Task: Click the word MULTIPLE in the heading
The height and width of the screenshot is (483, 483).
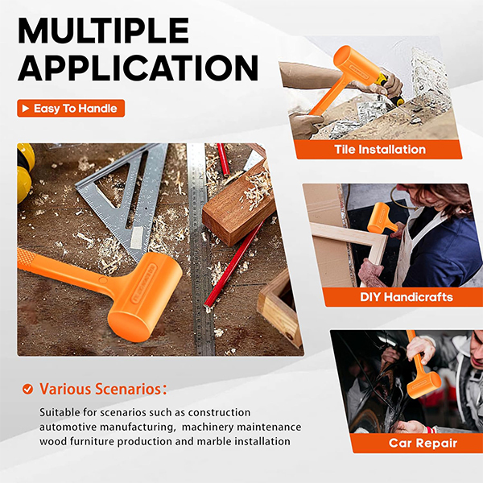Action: [104, 31]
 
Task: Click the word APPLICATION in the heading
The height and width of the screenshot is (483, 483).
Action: [138, 68]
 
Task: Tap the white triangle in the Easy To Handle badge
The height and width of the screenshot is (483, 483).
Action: [26, 108]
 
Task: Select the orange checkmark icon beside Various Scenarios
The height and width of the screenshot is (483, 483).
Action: [27, 389]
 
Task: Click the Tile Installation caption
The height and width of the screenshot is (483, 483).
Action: [380, 150]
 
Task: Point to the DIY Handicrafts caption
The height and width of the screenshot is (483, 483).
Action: [407, 297]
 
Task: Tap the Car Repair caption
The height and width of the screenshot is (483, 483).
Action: [423, 443]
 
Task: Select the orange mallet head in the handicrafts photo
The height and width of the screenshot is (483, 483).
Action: [380, 217]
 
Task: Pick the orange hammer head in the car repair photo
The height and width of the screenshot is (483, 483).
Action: [424, 385]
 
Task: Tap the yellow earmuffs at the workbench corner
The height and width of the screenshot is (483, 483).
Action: [25, 172]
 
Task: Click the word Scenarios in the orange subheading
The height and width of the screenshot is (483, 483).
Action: [130, 389]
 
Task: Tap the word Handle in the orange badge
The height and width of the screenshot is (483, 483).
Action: [97, 109]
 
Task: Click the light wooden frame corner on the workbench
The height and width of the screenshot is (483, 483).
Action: [279, 308]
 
